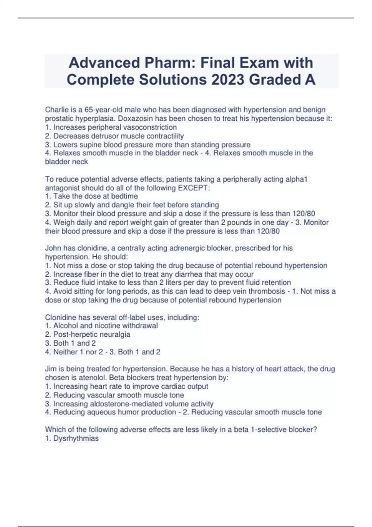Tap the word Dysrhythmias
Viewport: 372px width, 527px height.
(x=76, y=438)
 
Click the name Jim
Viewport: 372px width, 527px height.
(x=51, y=369)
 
